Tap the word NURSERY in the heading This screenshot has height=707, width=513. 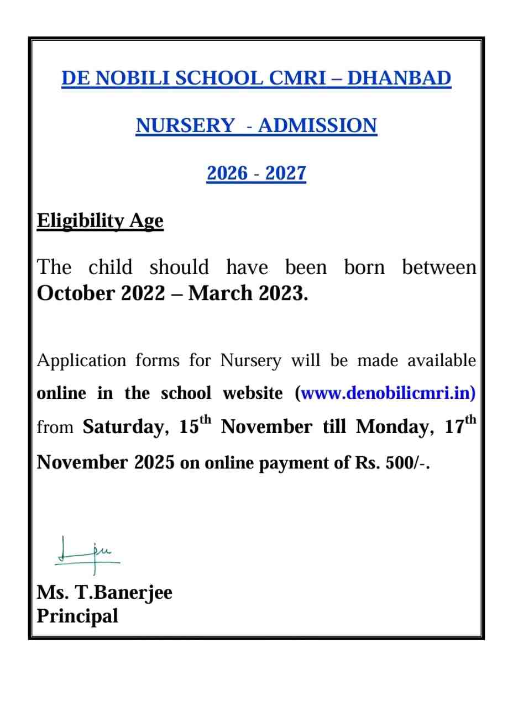pos(185,125)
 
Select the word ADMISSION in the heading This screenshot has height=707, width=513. pos(317,125)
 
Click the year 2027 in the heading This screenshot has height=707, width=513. pos(285,173)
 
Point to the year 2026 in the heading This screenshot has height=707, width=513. pos(227,173)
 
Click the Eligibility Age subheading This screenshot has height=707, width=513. pos(100,220)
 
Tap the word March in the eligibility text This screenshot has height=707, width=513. pos(214,293)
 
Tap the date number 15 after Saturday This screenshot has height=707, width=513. pos(189,427)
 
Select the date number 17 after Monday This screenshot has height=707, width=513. pos(454,427)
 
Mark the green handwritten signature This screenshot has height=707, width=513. pos(87,552)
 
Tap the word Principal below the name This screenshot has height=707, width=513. pos(77,615)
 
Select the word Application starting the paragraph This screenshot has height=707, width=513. pos(81,361)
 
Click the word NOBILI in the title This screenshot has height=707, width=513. pos(132,78)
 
